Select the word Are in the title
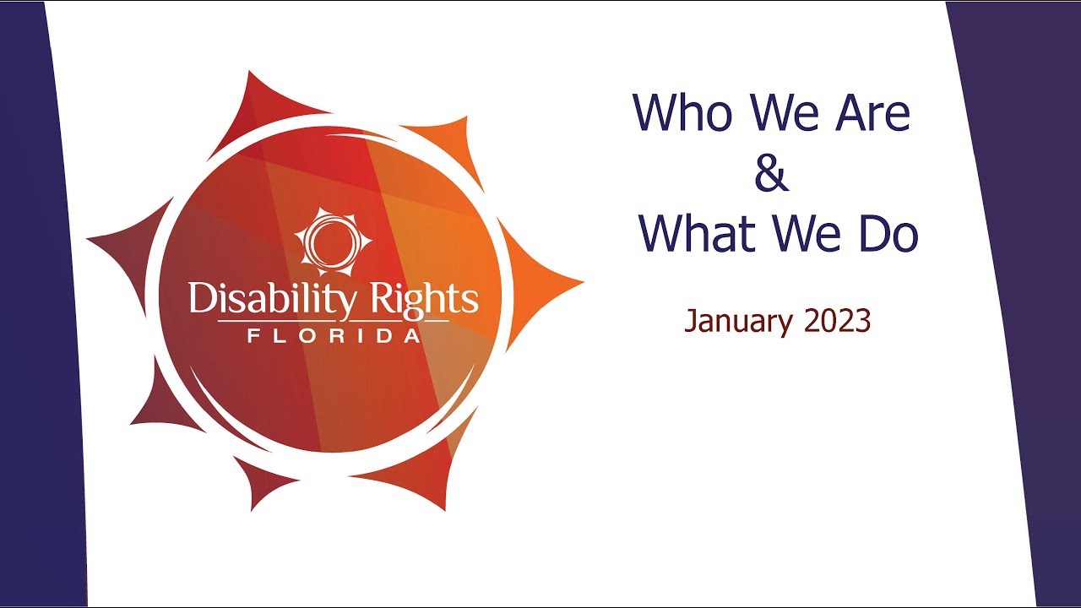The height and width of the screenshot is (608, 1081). pos(872,112)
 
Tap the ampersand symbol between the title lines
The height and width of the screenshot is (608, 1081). pos(771,172)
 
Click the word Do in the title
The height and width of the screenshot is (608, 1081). pos(888,234)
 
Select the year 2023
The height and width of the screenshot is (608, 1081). pos(837,321)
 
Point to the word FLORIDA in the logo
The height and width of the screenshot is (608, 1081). pos(334,336)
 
